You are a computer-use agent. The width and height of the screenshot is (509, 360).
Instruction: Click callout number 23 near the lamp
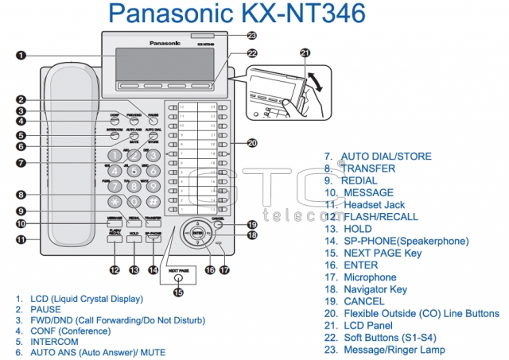click(x=252, y=36)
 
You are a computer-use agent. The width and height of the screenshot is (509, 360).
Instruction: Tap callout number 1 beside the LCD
click(x=21, y=55)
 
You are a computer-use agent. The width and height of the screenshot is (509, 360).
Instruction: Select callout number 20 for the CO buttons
click(x=252, y=143)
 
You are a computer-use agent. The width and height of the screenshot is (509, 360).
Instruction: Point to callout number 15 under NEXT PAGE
click(x=178, y=292)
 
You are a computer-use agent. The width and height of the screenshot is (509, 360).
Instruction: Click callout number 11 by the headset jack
click(x=21, y=238)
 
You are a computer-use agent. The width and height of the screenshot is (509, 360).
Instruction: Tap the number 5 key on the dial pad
click(x=134, y=170)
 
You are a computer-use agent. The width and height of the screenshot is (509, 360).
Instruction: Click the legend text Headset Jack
click(x=374, y=204)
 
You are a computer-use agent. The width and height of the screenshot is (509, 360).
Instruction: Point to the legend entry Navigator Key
click(x=375, y=289)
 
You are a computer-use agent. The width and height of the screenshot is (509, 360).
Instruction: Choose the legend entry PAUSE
click(x=45, y=309)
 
